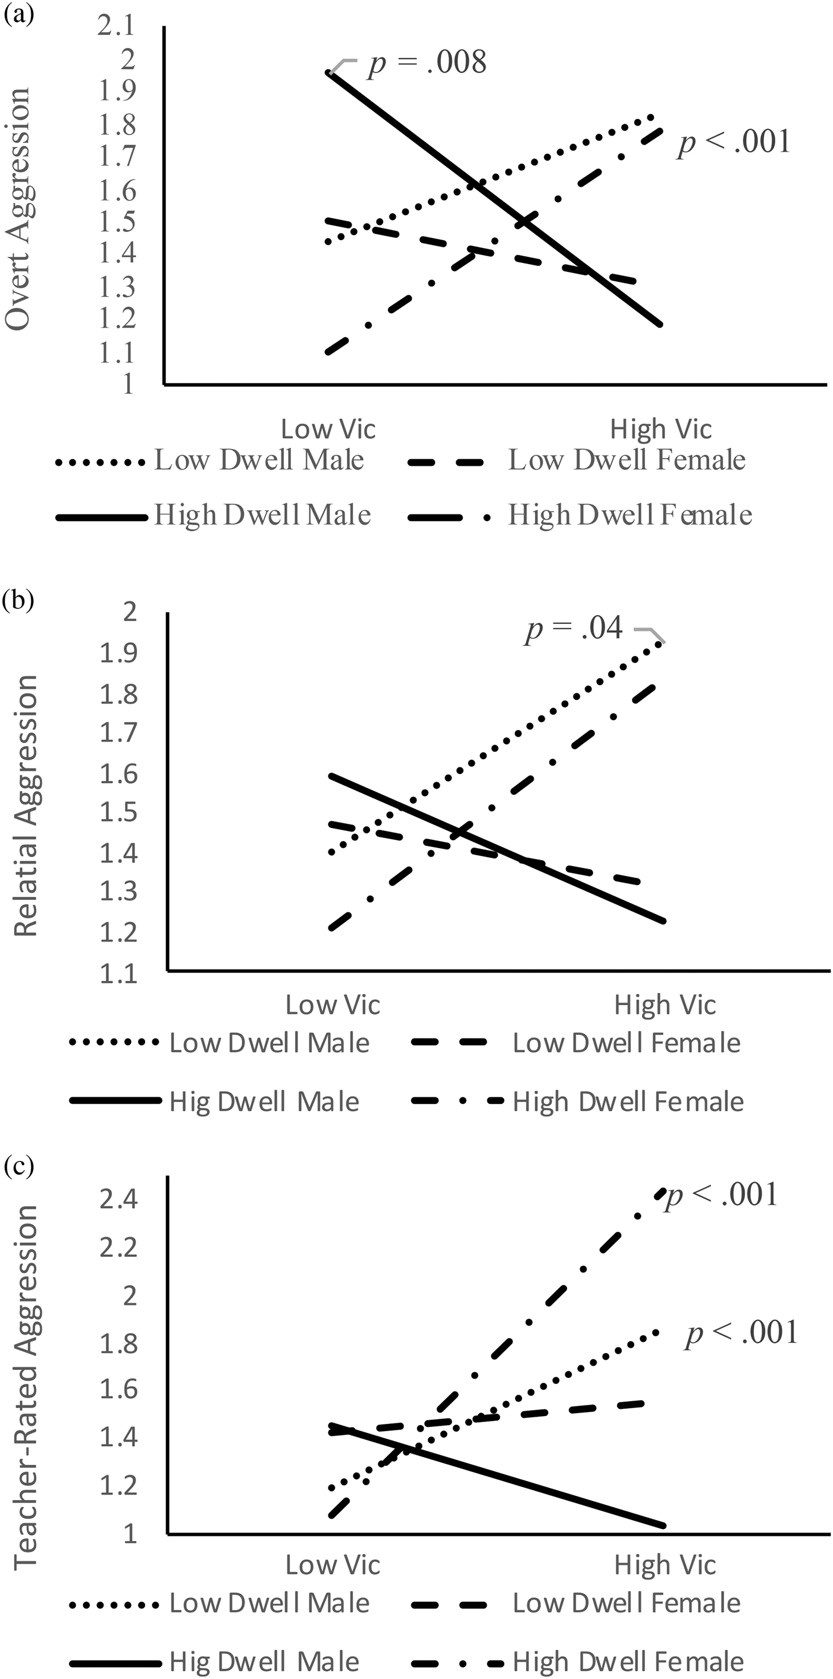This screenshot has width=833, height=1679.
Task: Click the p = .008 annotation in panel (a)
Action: (x=428, y=62)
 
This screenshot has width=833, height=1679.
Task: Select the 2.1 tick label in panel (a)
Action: (x=116, y=26)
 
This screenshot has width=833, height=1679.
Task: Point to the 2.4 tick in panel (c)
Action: (x=118, y=1198)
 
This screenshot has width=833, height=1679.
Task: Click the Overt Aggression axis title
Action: (x=18, y=209)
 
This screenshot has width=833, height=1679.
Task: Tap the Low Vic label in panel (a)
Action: (x=328, y=429)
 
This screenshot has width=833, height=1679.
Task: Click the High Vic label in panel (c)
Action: (x=665, y=1564)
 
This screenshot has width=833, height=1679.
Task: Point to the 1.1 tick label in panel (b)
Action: (x=118, y=973)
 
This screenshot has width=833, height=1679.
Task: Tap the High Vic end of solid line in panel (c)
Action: (x=663, y=1525)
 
